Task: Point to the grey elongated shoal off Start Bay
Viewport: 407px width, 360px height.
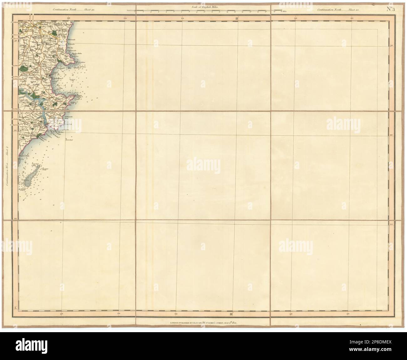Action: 31,177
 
